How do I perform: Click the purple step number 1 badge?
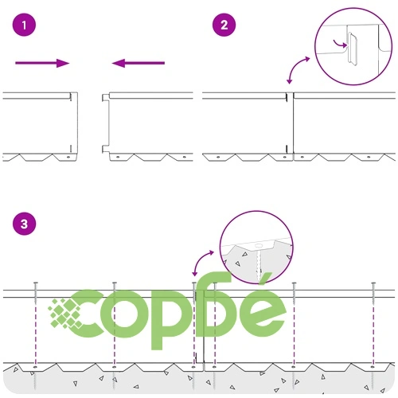click(24, 25)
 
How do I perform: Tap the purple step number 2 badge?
click(224, 25)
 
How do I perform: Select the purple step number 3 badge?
click(24, 224)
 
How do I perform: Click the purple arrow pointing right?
click(42, 63)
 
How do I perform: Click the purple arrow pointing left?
click(139, 63)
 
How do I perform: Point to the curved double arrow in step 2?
click(298, 69)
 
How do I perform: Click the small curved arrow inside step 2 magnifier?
click(340, 44)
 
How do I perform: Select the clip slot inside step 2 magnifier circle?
click(353, 49)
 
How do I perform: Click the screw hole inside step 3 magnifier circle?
click(259, 245)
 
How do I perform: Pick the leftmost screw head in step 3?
click(36, 283)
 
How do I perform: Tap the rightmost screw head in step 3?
click(373, 283)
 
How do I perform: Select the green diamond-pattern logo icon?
click(64, 314)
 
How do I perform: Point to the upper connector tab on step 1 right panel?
click(105, 98)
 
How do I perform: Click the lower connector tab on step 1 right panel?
click(105, 149)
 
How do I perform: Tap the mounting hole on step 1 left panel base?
click(68, 157)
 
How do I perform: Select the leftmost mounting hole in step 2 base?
click(218, 157)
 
